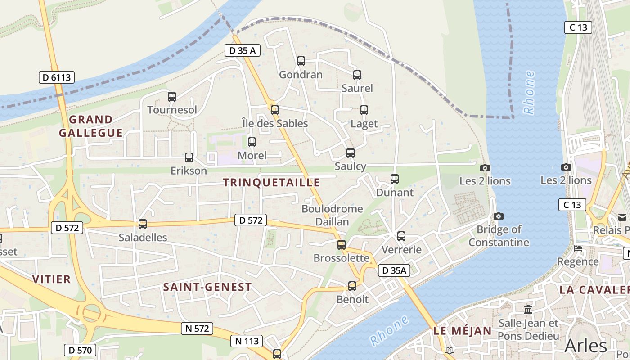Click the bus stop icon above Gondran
(301, 61)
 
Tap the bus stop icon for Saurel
(357, 75)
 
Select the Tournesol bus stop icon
(172, 96)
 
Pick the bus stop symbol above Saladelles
(143, 224)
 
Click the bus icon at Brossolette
(342, 245)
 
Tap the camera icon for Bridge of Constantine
(498, 216)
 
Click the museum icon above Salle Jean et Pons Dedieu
(528, 309)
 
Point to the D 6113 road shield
(57, 77)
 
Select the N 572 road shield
(197, 328)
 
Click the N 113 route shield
(247, 341)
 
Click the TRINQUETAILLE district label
(271, 182)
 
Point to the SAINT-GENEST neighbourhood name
(207, 287)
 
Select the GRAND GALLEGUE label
(91, 126)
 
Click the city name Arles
(585, 346)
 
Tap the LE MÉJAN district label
(463, 331)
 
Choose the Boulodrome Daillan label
(332, 215)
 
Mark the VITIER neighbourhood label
(51, 279)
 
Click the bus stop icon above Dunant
(395, 179)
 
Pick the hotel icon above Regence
(578, 248)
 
